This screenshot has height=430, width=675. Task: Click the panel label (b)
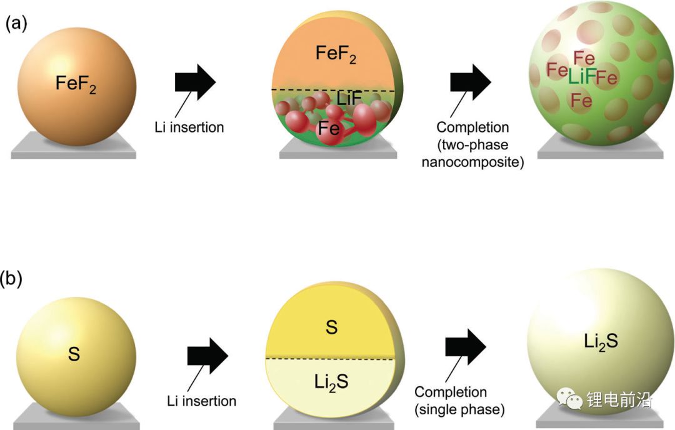click(15, 278)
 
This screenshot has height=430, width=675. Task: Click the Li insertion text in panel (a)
click(189, 127)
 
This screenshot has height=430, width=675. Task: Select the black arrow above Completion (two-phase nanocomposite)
click(471, 81)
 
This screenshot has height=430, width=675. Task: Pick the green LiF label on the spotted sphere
click(581, 77)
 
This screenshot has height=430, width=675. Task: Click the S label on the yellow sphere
click(74, 355)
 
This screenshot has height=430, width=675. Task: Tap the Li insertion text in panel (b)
click(201, 401)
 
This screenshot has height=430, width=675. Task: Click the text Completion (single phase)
click(459, 401)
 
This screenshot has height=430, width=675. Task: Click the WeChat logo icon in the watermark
click(570, 397)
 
